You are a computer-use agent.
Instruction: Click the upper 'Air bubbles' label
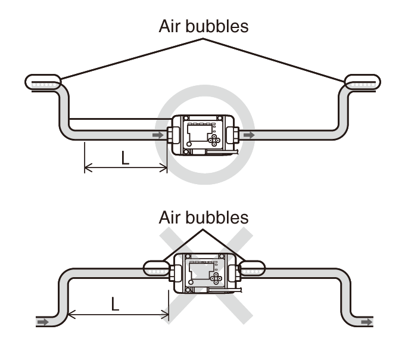pos(204,26)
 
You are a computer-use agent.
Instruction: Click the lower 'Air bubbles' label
pos(204,218)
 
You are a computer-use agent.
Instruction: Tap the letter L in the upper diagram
pos(125,158)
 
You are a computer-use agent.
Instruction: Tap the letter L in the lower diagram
pos(115,304)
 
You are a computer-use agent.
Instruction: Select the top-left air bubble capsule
pos(43,82)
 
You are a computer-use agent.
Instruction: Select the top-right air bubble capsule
pos(363,82)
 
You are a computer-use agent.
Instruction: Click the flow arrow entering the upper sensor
pos(158,135)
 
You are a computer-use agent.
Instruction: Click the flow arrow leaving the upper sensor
pos(249,135)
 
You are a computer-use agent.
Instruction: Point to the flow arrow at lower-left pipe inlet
pos(43,322)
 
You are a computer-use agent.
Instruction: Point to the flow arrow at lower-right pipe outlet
pos(367,322)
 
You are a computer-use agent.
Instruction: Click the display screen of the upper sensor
pos(198,133)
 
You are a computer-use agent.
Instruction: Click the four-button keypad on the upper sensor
pos(214,140)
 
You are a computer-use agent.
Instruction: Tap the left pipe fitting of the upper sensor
pos(173,135)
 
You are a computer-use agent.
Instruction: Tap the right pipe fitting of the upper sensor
pos(233,135)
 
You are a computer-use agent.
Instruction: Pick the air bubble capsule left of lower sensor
pos(157,268)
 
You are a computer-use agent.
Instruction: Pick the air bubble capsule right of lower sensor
pos(252,268)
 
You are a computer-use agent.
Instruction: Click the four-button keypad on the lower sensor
pos(216,278)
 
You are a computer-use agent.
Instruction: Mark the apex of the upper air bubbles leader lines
pos(203,39)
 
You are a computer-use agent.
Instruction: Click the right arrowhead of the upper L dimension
pos(164,167)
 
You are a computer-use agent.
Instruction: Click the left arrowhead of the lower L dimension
pos(71,314)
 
